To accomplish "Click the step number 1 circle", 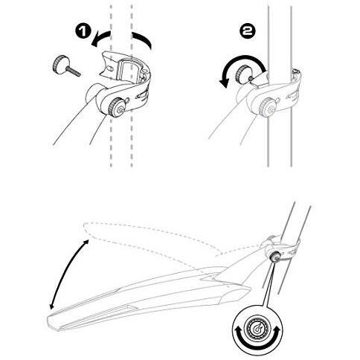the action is coord(83,31).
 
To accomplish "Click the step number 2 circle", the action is coord(247,32).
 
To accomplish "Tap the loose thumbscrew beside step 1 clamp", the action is coord(65,65).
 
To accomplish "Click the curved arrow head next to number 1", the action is coord(96,42).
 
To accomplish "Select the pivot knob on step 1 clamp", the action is coord(115,107).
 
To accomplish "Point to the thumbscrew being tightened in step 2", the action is coord(244,74).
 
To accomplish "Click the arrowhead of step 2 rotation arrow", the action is coord(225,83).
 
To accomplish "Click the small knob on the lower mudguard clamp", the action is coord(274,257).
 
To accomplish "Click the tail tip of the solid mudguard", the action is coord(54,322).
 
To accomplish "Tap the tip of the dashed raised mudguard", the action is coord(85,228).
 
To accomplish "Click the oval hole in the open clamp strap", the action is coord(109,68).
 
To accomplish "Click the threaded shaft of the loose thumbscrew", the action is coord(74,71).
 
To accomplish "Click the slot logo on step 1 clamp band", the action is coord(143,96).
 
